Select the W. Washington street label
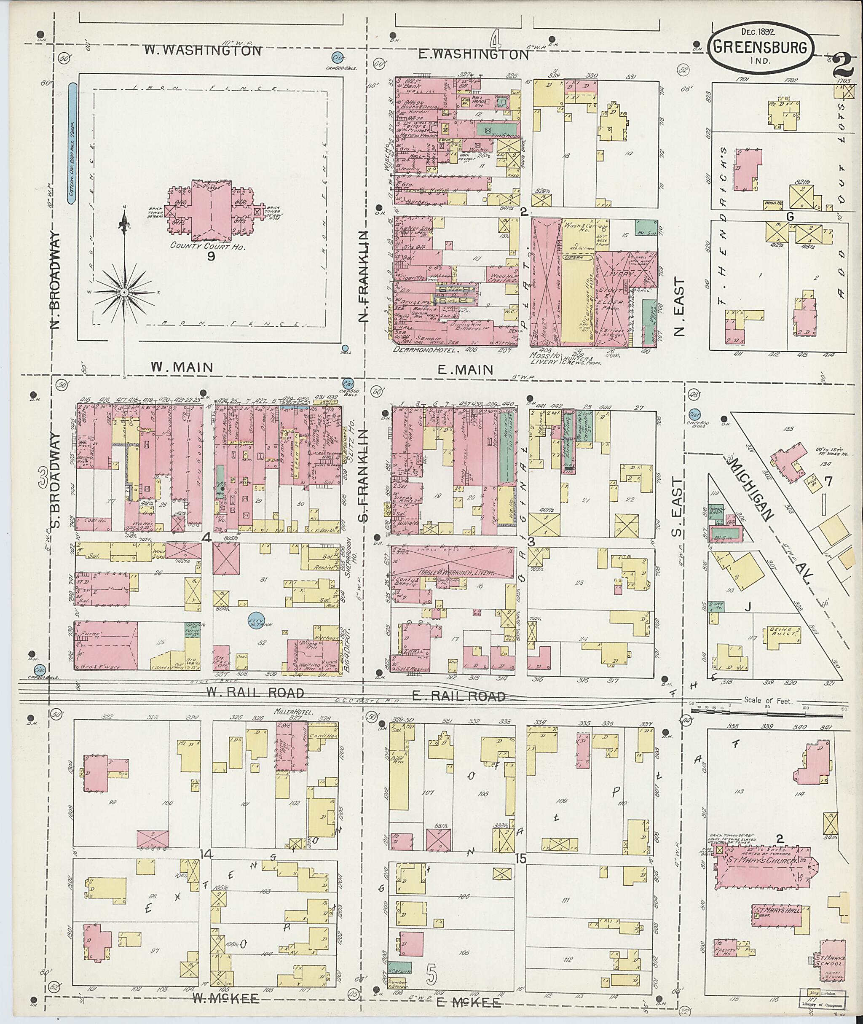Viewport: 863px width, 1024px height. [x=203, y=51]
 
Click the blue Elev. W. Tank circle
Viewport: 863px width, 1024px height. [x=255, y=620]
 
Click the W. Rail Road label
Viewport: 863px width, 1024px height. [x=255, y=693]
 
